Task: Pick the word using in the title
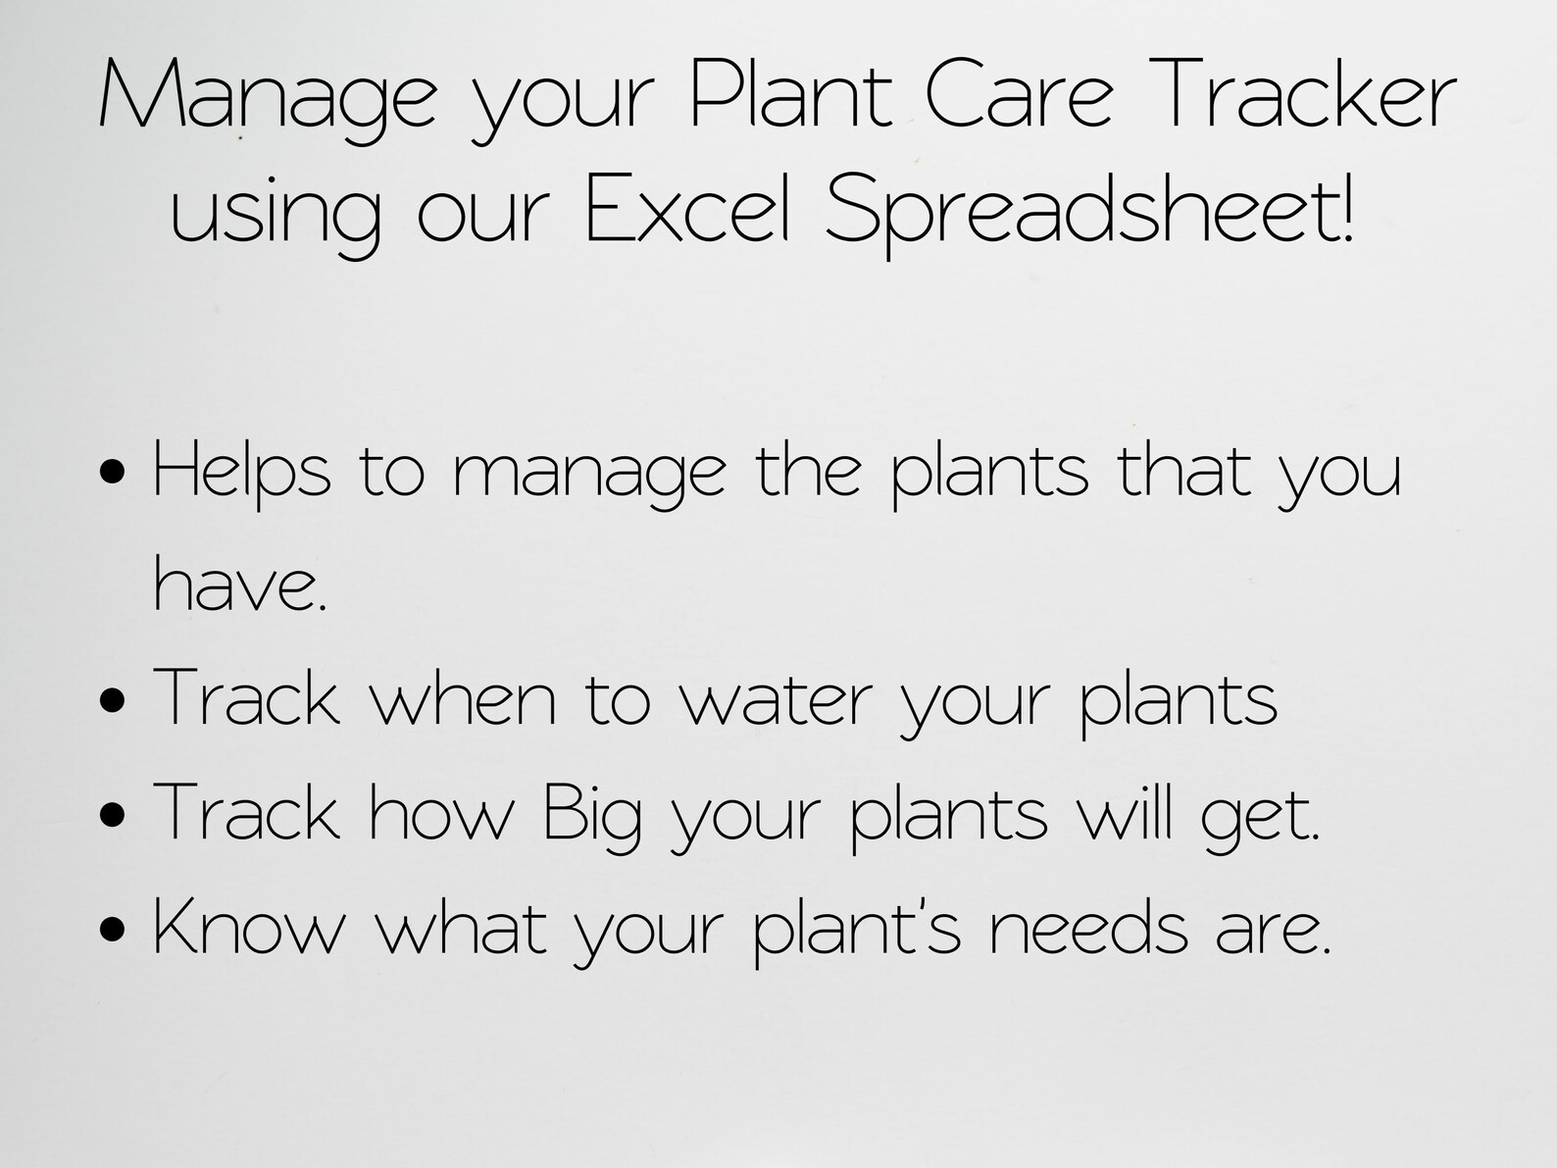point(276,214)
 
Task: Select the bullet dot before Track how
point(114,815)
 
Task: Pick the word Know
point(250,927)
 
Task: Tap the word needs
point(1088,928)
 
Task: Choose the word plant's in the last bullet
point(858,930)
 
